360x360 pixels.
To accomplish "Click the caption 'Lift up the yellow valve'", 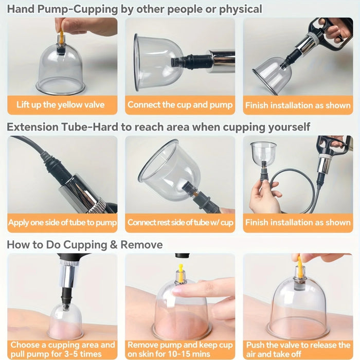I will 60,105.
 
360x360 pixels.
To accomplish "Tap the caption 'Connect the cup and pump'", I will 180,105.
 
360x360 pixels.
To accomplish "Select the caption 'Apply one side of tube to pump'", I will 62,223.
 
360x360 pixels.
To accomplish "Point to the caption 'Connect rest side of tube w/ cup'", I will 180,223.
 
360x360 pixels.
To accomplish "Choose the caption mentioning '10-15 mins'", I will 180,349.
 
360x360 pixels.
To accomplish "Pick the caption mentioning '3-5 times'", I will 62,349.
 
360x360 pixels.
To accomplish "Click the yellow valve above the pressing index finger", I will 181,269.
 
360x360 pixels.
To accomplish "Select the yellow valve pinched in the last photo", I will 299,265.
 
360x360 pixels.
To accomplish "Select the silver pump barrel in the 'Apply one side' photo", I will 82,193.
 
